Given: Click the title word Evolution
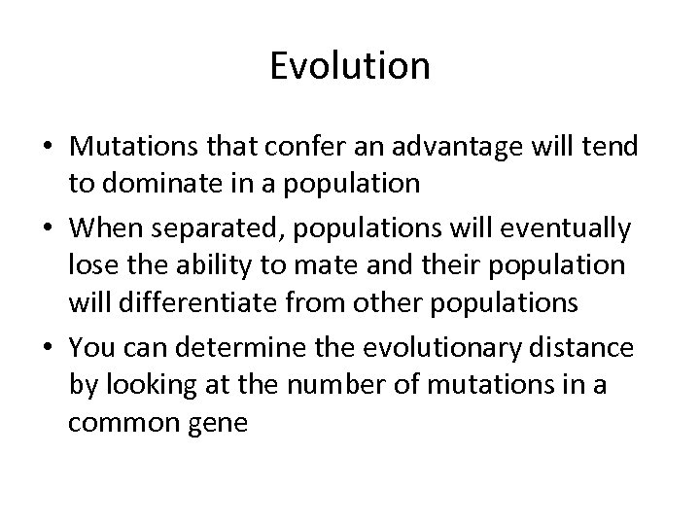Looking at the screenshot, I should (x=350, y=66).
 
